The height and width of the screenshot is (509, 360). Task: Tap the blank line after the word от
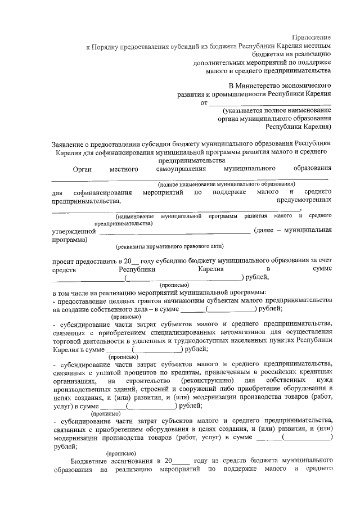pyautogui.click(x=269, y=103)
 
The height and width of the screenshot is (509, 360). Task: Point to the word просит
pyautogui.click(x=64, y=261)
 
